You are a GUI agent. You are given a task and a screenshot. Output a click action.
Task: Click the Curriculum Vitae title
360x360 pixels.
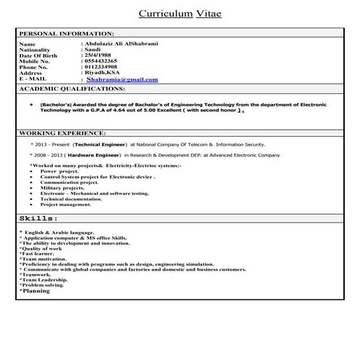tap(180, 13)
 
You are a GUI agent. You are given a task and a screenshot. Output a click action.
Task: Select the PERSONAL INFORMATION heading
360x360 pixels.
tap(66, 34)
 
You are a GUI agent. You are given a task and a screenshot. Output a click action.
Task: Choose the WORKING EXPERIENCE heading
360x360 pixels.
tap(62, 134)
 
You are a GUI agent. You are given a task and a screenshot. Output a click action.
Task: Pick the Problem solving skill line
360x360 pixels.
tap(43, 285)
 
